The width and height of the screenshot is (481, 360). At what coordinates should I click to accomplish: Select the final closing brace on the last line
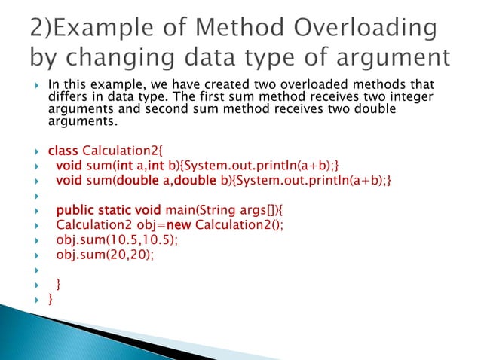[x=51, y=300]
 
